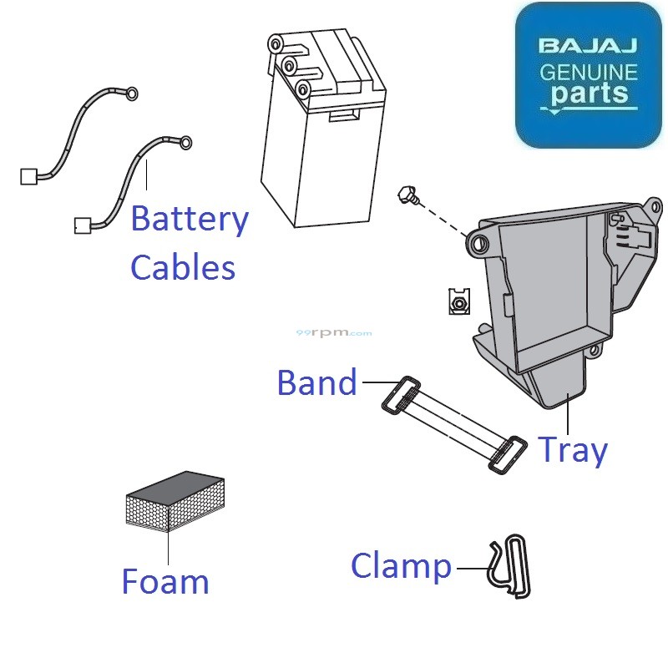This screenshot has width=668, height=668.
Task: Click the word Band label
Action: (316, 383)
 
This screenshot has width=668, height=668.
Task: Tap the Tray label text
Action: (572, 450)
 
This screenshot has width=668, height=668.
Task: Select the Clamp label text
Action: (401, 566)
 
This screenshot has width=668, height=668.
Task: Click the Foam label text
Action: (165, 581)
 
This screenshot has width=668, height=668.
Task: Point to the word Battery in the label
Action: (190, 220)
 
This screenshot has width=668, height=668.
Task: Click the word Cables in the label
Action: (183, 268)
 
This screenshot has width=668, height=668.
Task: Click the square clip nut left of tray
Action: (457, 301)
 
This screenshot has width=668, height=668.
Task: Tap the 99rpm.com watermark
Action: (334, 333)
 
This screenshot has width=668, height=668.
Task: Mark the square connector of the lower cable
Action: (83, 225)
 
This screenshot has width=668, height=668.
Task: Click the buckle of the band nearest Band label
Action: (403, 395)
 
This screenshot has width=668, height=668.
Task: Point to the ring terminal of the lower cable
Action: (185, 141)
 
